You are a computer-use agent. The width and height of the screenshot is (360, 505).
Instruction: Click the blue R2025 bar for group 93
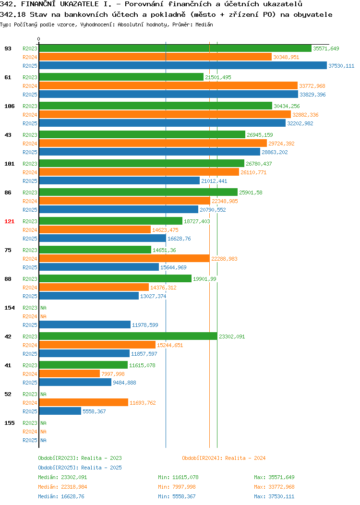(x=183, y=66)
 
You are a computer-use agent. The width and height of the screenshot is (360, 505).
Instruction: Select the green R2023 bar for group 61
(x=121, y=77)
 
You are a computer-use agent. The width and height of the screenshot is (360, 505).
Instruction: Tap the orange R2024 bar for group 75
(x=124, y=259)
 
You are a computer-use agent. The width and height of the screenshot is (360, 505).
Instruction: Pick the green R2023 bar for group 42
(x=128, y=337)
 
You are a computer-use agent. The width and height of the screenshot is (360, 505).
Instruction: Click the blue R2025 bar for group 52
(x=60, y=411)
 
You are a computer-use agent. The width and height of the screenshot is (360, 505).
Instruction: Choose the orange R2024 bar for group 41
(x=70, y=374)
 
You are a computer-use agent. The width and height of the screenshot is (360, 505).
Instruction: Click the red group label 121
(x=9, y=221)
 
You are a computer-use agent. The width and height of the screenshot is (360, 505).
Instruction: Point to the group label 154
(x=9, y=308)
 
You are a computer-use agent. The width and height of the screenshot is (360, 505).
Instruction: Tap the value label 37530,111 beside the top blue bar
(x=341, y=66)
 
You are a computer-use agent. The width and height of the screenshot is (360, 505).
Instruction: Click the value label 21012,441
(x=214, y=181)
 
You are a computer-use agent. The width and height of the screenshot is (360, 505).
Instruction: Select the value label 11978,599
(x=145, y=325)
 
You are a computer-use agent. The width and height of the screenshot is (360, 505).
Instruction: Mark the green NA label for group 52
(x=44, y=394)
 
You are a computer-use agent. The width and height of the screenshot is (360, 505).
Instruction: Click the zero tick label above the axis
(x=39, y=39)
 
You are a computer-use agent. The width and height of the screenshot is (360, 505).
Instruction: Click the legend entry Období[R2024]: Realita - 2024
(x=224, y=458)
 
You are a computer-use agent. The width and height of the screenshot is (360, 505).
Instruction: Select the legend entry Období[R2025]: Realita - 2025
(x=80, y=468)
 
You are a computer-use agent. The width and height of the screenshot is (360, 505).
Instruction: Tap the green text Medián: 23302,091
(x=62, y=477)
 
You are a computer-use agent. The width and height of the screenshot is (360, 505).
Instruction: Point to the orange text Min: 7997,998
(x=177, y=487)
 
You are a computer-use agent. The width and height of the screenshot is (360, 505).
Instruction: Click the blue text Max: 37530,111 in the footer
(x=274, y=497)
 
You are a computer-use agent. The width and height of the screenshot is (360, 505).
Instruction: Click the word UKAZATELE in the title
(x=79, y=4)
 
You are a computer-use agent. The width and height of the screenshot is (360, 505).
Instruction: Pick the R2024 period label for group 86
(x=30, y=201)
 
